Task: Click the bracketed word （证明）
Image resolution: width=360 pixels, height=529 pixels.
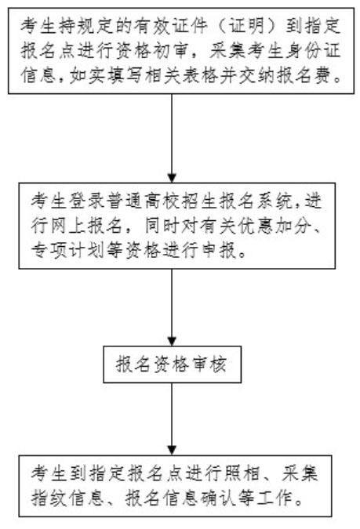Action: [246, 26]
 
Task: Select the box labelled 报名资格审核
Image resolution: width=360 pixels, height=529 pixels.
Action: [173, 364]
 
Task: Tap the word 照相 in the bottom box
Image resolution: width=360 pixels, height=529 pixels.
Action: [241, 473]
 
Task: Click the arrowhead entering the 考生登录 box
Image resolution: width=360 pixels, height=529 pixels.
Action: [173, 179]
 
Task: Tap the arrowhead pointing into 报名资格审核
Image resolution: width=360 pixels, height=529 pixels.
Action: [173, 342]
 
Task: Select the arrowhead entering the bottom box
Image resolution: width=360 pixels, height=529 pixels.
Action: [173, 451]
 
